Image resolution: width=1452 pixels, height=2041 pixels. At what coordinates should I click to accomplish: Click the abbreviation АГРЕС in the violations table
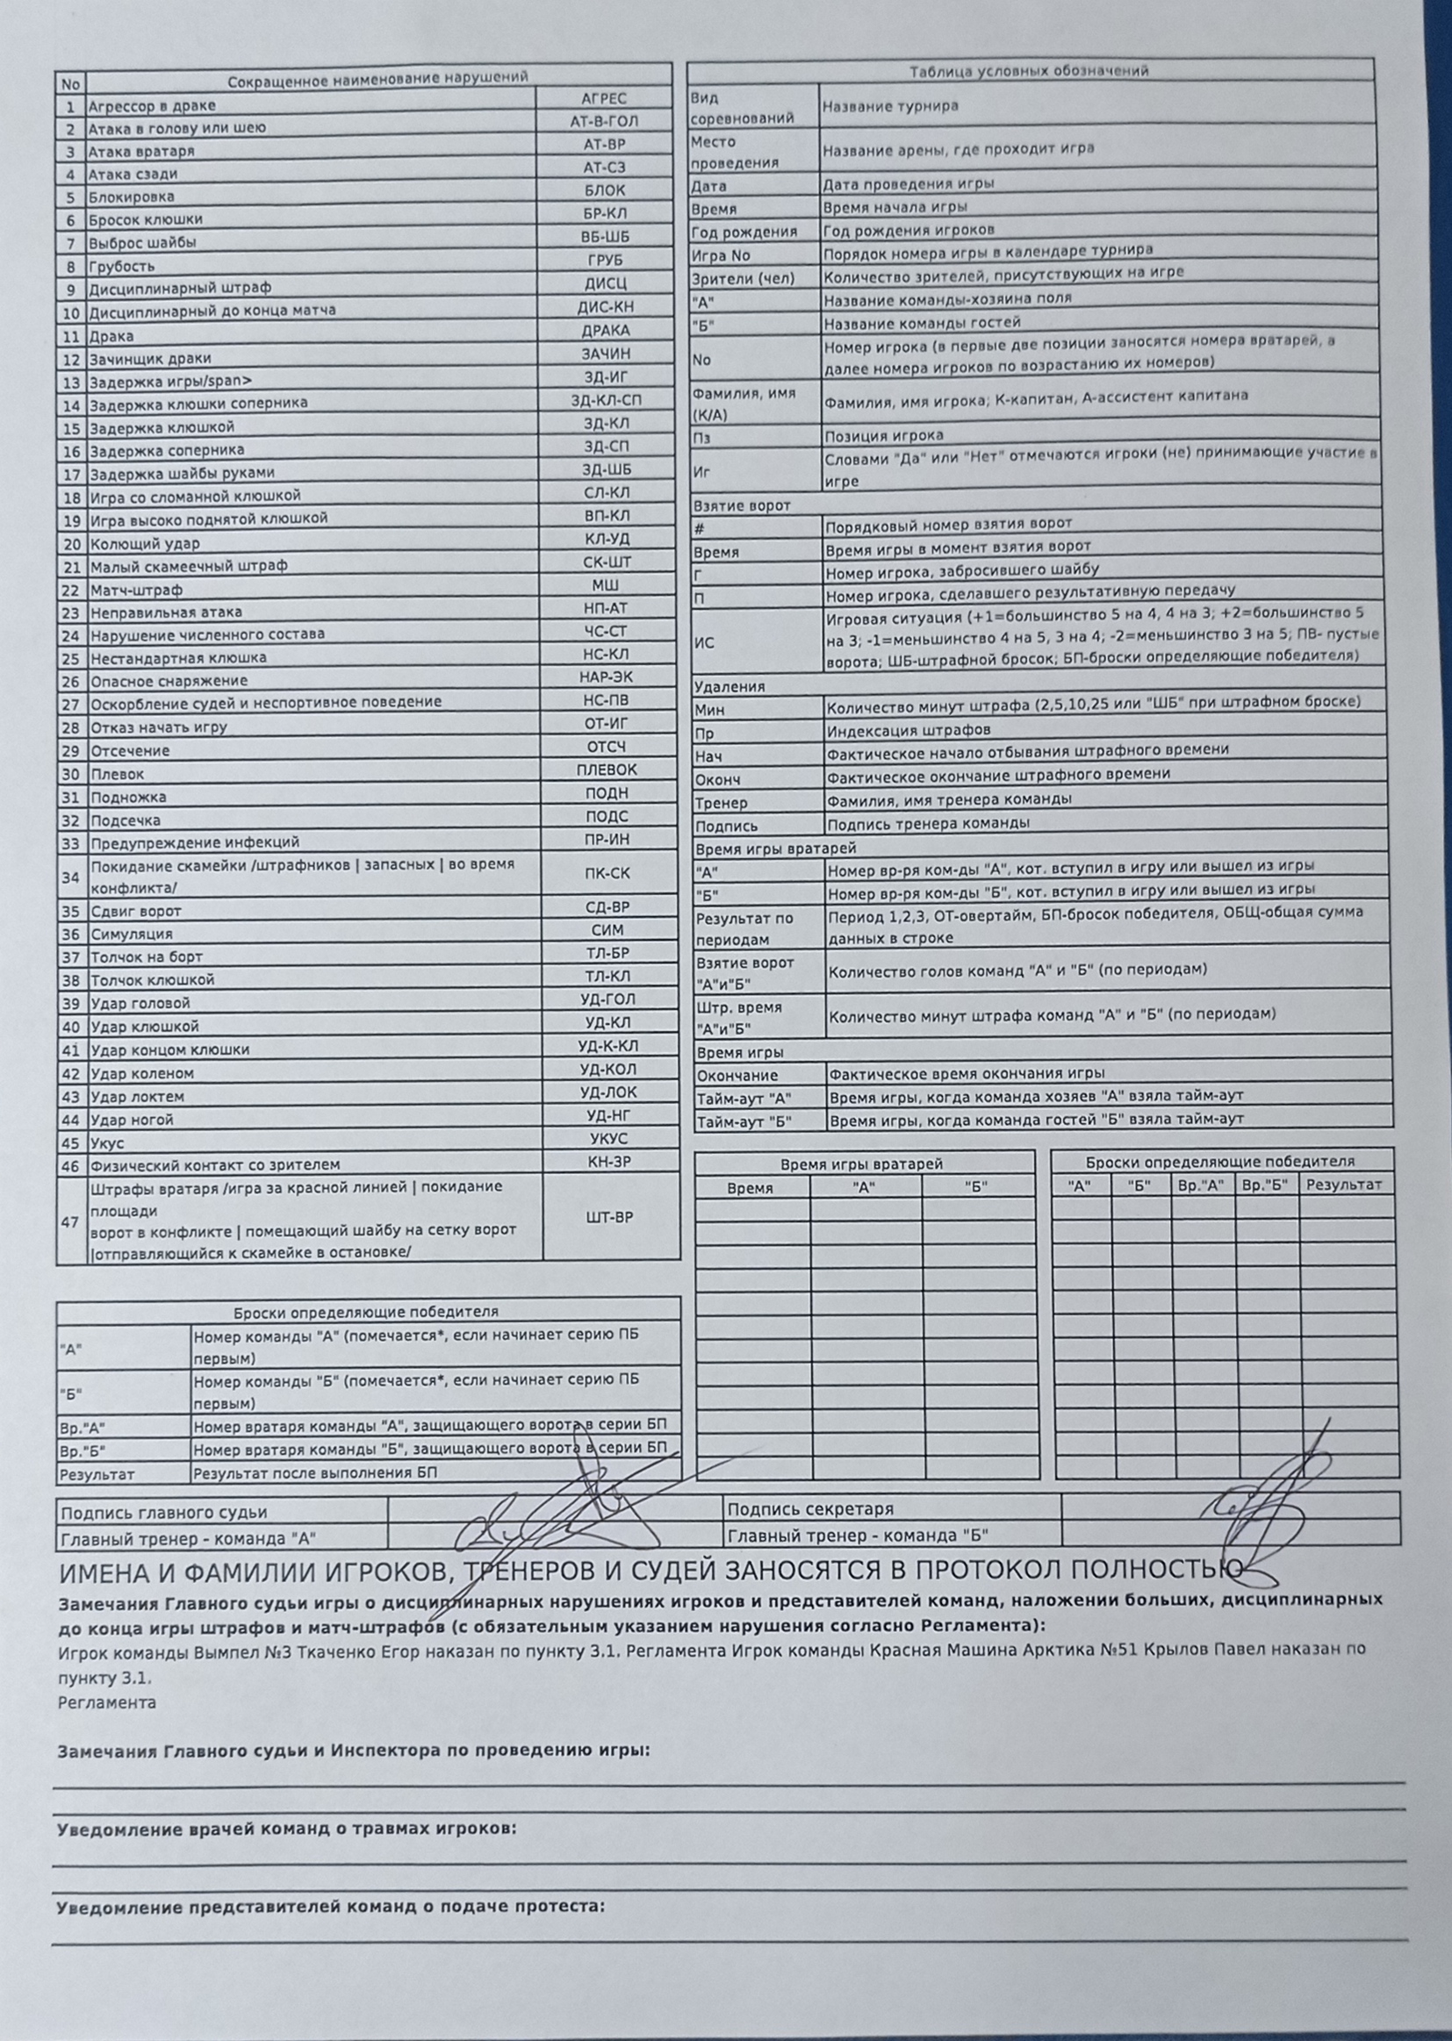click(x=603, y=98)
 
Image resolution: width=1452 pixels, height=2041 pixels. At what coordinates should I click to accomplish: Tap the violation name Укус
click(x=107, y=1143)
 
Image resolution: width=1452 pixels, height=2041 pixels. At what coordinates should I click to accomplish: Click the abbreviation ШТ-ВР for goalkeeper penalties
click(x=610, y=1217)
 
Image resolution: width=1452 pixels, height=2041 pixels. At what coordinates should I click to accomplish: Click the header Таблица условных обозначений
click(x=1028, y=70)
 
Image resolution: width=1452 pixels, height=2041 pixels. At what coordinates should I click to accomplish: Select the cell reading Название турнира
click(x=889, y=106)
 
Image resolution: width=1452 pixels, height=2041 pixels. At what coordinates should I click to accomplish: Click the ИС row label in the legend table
click(x=704, y=642)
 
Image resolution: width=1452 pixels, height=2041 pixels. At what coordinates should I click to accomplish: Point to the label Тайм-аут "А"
click(x=744, y=1098)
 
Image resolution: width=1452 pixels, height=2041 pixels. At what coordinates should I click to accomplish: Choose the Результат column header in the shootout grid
click(x=1345, y=1185)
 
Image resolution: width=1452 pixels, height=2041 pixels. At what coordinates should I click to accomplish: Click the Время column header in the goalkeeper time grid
click(x=750, y=1187)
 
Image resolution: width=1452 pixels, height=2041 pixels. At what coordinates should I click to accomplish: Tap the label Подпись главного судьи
click(x=163, y=1512)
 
